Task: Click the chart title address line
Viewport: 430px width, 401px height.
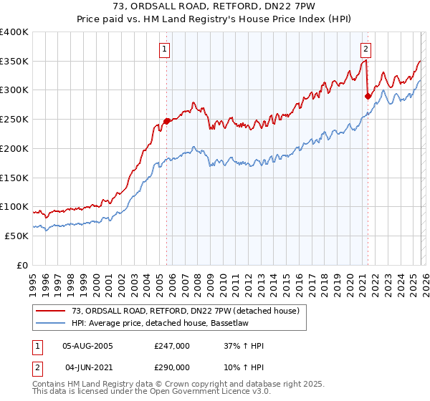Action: pos(214,6)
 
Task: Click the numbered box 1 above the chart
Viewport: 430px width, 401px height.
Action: pos(166,49)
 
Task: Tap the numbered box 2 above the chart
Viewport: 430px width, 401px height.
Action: pos(365,49)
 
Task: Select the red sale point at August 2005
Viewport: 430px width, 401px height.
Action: pos(167,121)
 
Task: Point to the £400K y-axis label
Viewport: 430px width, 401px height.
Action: pos(14,32)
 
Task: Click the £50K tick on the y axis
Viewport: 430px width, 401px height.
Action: pos(17,236)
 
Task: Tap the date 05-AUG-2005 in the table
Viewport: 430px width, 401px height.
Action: pos(88,346)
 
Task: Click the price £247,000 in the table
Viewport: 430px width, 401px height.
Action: pos(172,346)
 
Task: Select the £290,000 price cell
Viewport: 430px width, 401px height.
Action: pos(172,366)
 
